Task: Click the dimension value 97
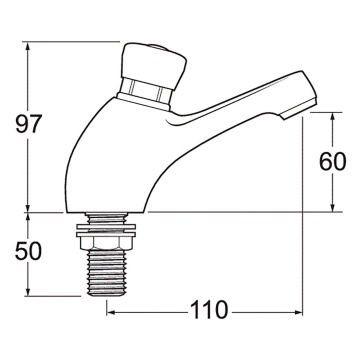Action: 27,127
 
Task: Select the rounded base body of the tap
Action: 110,170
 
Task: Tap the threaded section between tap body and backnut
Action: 108,219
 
